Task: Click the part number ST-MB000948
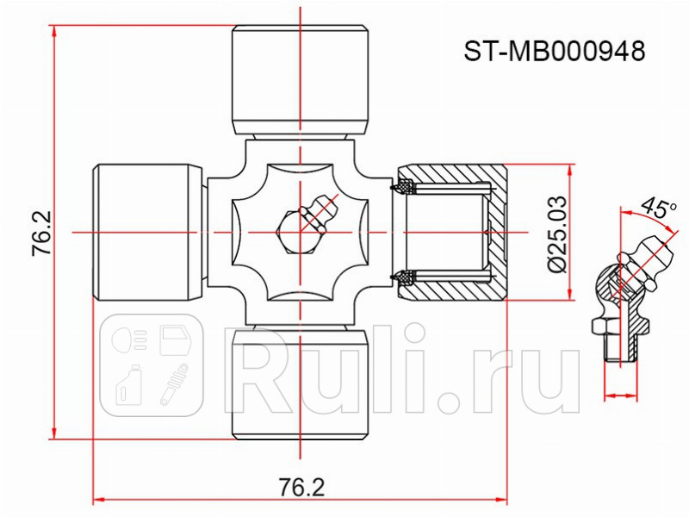pyautogui.click(x=555, y=52)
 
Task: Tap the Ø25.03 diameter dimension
pyautogui.click(x=556, y=233)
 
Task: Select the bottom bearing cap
pyautogui.click(x=301, y=384)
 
